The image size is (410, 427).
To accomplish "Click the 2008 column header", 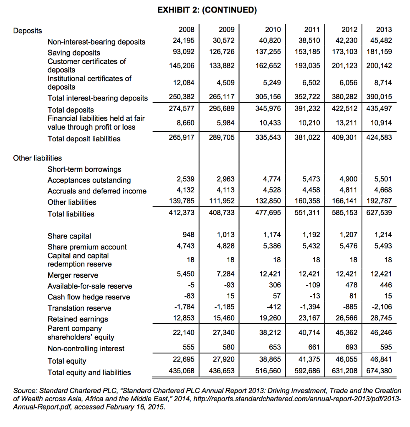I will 186,30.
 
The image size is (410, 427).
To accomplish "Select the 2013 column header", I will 384,30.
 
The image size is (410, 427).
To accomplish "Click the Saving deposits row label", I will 74,53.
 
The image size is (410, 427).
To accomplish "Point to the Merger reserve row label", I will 73,275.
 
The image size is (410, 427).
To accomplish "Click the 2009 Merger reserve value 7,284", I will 226,274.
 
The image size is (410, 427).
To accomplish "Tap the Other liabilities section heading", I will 38,158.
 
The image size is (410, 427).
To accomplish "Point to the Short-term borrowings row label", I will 84,169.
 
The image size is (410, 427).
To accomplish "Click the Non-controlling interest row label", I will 86,349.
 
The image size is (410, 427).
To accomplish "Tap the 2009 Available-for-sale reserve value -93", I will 229,285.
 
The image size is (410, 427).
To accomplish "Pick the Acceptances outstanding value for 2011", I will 311,180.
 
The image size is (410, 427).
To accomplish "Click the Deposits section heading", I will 28,31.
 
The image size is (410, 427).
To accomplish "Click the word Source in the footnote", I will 25,391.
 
